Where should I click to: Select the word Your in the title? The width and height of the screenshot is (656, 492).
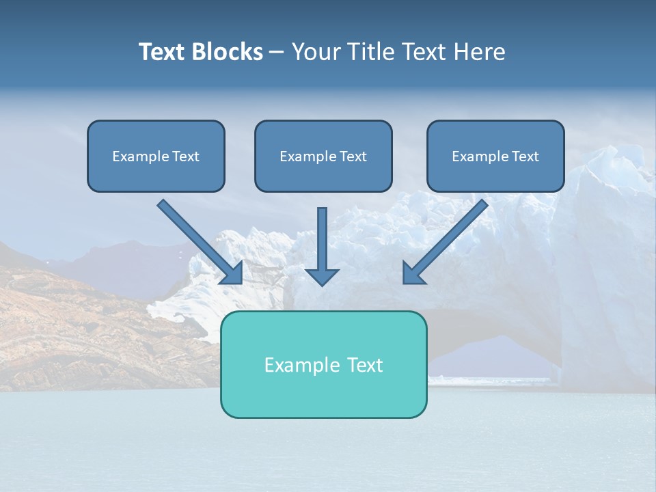(315, 52)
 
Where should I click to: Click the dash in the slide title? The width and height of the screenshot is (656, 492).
(277, 53)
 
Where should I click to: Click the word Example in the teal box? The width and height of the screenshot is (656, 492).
(298, 365)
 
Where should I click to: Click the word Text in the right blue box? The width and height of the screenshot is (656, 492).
(525, 156)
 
